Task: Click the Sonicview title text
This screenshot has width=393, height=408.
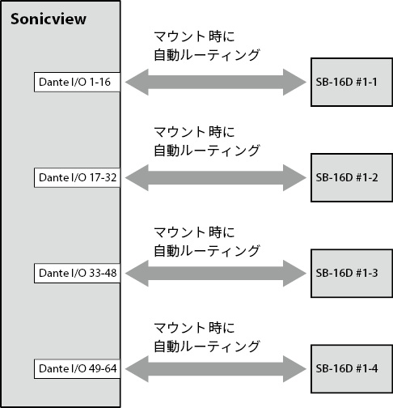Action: (x=49, y=19)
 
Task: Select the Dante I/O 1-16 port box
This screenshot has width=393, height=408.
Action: (x=77, y=82)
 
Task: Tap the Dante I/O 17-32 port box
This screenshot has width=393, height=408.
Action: (x=77, y=177)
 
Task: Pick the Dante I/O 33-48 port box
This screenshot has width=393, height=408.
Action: (x=77, y=273)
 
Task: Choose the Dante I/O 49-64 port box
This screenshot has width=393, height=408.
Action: (x=77, y=368)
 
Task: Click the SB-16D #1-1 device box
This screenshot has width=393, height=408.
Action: (x=352, y=82)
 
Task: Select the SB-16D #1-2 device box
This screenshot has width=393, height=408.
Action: (x=352, y=177)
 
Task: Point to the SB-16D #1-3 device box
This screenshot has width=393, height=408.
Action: (x=352, y=274)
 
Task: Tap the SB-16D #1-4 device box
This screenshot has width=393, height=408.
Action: (x=352, y=369)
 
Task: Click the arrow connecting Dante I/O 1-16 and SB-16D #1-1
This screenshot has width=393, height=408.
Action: (x=216, y=82)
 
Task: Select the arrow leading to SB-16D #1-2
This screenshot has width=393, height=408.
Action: (x=216, y=177)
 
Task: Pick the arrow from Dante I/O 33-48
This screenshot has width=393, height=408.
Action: (x=216, y=273)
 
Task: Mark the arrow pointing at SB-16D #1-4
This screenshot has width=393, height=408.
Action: (x=216, y=368)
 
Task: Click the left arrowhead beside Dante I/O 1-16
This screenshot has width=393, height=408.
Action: (x=137, y=82)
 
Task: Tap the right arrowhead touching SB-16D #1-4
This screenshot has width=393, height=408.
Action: (x=294, y=368)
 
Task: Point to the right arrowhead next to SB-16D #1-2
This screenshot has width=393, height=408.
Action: (x=294, y=177)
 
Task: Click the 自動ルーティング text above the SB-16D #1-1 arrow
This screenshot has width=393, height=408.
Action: (x=206, y=55)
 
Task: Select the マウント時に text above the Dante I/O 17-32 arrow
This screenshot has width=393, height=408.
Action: (x=194, y=132)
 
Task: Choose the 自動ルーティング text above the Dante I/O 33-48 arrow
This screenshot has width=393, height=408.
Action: (x=206, y=251)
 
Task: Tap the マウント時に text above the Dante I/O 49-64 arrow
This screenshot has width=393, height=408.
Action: (x=194, y=328)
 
